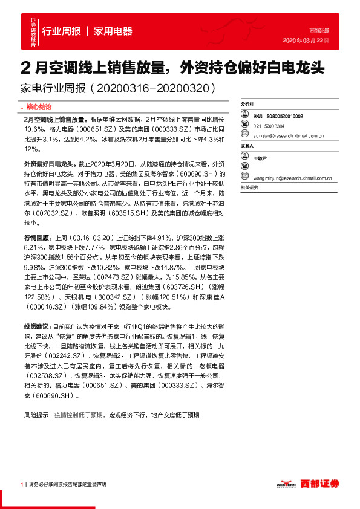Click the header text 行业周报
point(62,31)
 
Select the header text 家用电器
point(113,31)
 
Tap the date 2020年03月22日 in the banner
point(306,41)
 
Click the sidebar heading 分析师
point(248,104)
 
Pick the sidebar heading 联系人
point(248,146)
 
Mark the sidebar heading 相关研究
point(249,187)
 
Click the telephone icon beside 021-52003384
point(245,126)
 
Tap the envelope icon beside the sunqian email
point(245,136)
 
